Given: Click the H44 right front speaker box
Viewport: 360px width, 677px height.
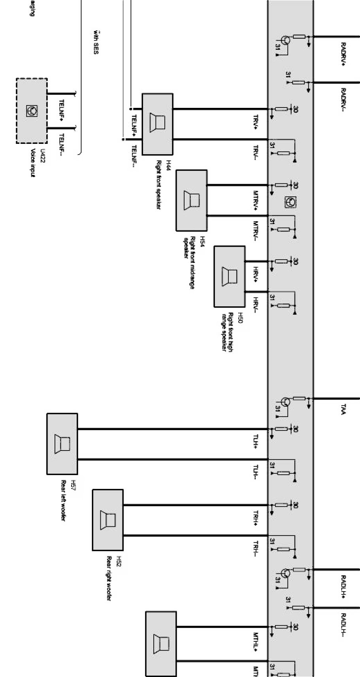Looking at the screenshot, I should [157, 124].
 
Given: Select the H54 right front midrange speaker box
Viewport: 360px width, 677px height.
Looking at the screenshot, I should [191, 200].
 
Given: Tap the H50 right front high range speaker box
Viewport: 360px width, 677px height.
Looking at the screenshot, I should [229, 276].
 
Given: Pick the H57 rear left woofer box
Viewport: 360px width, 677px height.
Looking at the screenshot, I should [62, 444].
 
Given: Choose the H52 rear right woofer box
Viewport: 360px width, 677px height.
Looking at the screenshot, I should [107, 520].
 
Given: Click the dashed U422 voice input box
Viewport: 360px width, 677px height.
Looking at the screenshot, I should [32, 111].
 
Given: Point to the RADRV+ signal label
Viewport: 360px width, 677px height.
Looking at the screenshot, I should [343, 54].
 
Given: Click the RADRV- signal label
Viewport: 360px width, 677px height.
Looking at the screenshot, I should [343, 100].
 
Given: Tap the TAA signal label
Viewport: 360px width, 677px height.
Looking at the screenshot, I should [343, 409].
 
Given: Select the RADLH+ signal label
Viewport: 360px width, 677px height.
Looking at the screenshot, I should [343, 586].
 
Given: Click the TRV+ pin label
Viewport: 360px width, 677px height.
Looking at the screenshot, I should [256, 123].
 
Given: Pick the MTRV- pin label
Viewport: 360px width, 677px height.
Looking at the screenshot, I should [256, 231].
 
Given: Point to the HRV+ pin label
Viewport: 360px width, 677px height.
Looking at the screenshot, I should [256, 275].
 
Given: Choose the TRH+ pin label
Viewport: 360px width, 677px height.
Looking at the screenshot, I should [256, 519].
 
